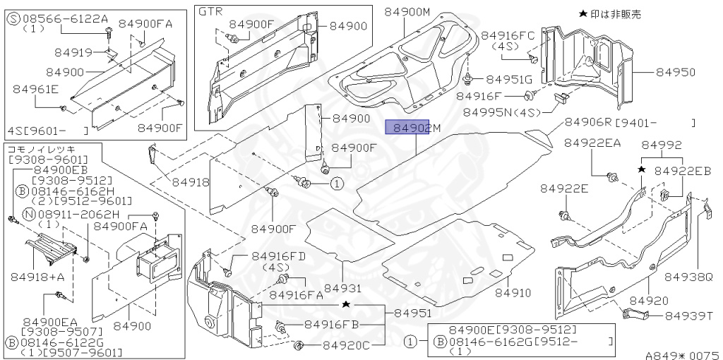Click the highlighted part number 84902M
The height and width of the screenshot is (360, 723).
click(412, 128)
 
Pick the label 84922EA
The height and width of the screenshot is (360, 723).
click(592, 143)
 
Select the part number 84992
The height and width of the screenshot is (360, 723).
click(662, 145)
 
